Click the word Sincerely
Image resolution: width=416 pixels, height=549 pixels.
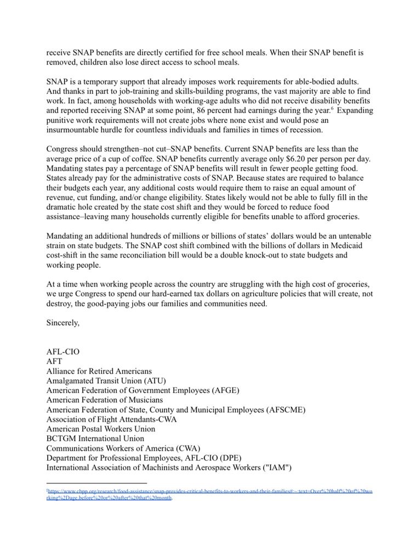(63, 323)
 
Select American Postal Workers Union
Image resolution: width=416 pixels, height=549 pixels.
(101, 429)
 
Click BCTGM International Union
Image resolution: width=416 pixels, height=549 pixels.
(95, 439)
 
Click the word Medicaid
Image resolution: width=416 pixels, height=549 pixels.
(347, 246)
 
